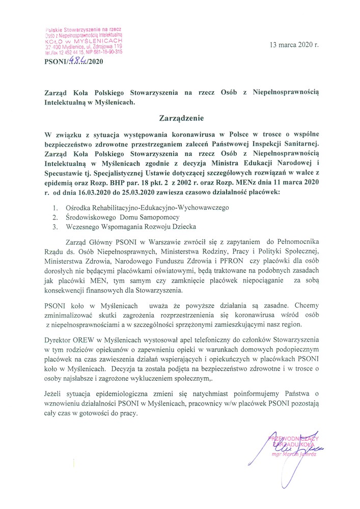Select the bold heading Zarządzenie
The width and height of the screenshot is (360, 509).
click(x=180, y=119)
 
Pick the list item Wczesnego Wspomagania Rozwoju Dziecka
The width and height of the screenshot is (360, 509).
click(x=128, y=227)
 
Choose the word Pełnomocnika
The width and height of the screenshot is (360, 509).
click(x=295, y=243)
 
